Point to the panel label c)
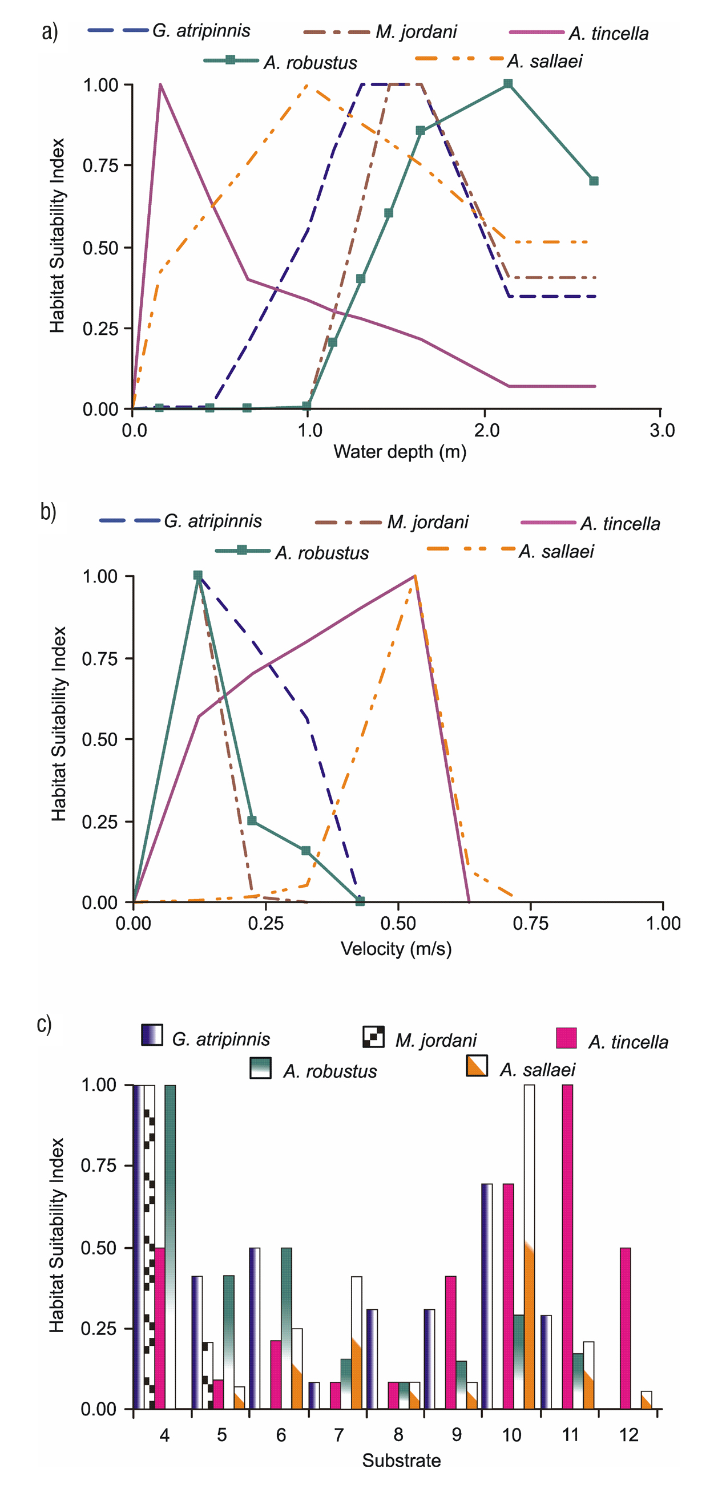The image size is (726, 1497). click(x=45, y=1024)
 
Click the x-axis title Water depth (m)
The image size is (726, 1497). click(x=400, y=451)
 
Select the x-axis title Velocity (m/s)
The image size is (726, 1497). click(x=396, y=948)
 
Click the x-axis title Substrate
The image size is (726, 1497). click(x=401, y=1460)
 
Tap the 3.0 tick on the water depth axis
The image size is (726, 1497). click(x=662, y=431)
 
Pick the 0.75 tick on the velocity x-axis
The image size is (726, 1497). click(x=530, y=924)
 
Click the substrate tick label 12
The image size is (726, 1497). click(x=629, y=1435)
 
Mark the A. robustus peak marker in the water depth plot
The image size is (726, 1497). click(x=508, y=84)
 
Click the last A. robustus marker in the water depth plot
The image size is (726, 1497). click(x=594, y=181)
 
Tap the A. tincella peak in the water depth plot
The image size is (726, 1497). click(x=160, y=86)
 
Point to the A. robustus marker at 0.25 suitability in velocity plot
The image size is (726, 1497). click(x=252, y=820)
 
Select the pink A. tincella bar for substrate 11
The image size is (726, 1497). click(x=567, y=1246)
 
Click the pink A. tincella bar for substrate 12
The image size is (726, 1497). click(x=625, y=1328)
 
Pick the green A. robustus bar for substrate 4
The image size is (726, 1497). click(x=170, y=1246)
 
